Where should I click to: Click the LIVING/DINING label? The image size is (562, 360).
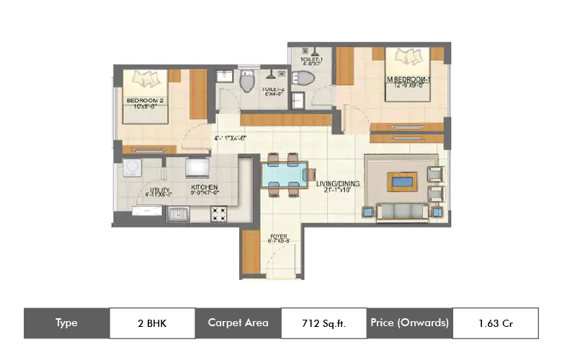click(337, 184)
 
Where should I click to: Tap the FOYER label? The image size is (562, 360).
click(279, 237)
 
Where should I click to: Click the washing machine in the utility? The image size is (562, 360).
click(132, 168)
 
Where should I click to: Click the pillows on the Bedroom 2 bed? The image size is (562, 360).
click(148, 77)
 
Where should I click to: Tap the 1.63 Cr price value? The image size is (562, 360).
click(494, 323)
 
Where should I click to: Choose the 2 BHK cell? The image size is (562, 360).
click(152, 323)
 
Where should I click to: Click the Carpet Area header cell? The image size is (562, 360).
click(238, 323)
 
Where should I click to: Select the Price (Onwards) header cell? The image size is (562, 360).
click(410, 323)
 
